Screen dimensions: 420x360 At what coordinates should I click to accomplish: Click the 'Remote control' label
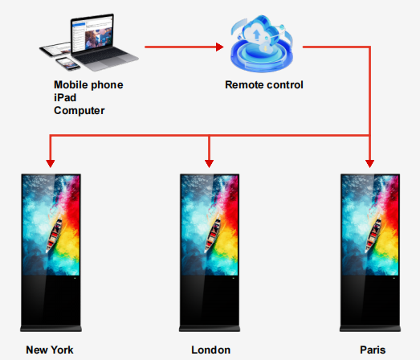pyautogui.click(x=264, y=84)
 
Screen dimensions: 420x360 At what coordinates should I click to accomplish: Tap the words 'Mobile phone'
pyautogui.click(x=88, y=84)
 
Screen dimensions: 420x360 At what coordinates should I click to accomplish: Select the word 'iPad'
pyautogui.click(x=65, y=97)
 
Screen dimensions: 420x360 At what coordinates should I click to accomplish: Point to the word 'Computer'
pyautogui.click(x=80, y=110)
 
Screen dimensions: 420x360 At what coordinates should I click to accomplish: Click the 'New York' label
pyautogui.click(x=50, y=350)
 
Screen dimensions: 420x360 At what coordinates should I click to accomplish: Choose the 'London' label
pyautogui.click(x=211, y=350)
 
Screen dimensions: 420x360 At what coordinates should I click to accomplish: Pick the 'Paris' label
pyautogui.click(x=373, y=350)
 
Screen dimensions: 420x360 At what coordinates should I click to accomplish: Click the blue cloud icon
pyautogui.click(x=262, y=43)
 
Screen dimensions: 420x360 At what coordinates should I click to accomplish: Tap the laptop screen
pyautogui.click(x=92, y=34)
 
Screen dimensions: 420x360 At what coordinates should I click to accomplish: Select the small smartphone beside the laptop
pyautogui.click(x=67, y=63)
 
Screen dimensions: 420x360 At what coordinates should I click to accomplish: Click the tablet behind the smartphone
pyautogui.click(x=55, y=49)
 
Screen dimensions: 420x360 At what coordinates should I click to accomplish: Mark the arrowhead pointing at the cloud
pyautogui.click(x=220, y=47)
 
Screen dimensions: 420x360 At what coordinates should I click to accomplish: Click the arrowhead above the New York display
pyautogui.click(x=51, y=163)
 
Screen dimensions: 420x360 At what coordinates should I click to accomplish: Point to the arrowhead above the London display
pyautogui.click(x=209, y=163)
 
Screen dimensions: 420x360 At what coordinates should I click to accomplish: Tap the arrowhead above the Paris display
pyautogui.click(x=369, y=163)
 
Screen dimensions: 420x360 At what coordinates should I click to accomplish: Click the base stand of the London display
pyautogui.click(x=210, y=329)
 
